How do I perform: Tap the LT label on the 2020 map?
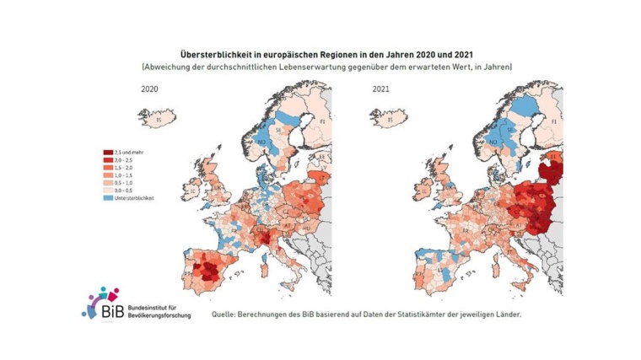click(x=324, y=179)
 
